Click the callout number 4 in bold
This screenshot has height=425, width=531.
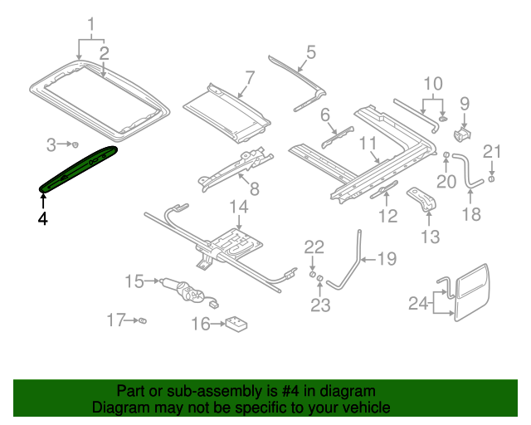pos(42,219)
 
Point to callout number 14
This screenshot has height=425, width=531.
pos(239,206)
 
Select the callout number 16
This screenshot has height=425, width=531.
pos(201,324)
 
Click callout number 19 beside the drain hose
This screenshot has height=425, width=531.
pos(387,260)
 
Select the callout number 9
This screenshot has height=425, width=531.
pos(465,104)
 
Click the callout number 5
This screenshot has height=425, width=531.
pos(309,53)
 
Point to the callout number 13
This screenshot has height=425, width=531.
pos(429,238)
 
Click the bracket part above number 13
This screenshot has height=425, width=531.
pos(423,199)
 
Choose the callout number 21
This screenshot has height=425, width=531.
pos(493,150)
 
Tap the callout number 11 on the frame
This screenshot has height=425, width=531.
pos(368,143)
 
